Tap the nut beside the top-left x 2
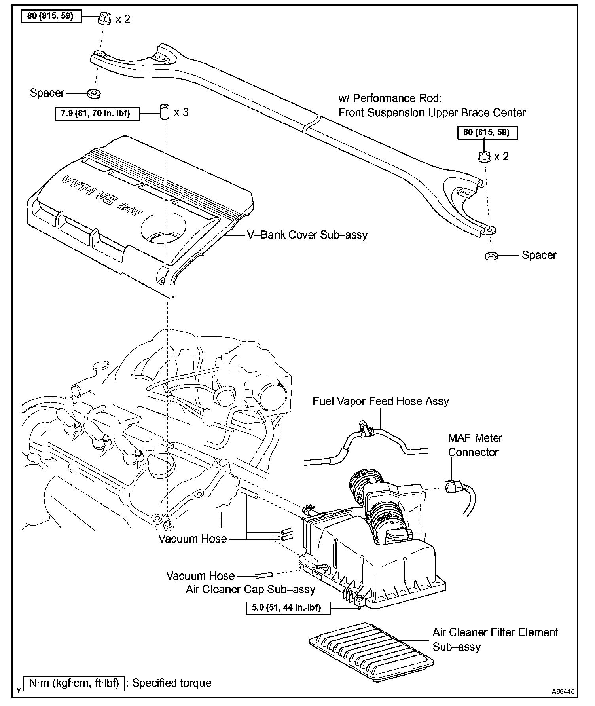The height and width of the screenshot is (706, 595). pyautogui.click(x=104, y=18)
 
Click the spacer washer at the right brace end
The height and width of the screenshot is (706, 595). pyautogui.click(x=491, y=256)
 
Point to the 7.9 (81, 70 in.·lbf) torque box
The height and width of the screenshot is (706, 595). pyautogui.click(x=98, y=114)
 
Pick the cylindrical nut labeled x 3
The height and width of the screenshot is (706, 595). pyautogui.click(x=164, y=111)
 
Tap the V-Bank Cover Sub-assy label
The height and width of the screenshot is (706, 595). pyautogui.click(x=307, y=235)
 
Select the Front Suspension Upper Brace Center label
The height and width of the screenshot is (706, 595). pyautogui.click(x=432, y=112)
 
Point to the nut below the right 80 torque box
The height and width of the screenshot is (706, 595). pyautogui.click(x=484, y=157)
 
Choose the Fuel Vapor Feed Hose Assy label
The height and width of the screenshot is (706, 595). pyautogui.click(x=381, y=401)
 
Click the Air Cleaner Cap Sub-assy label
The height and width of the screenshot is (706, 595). pyautogui.click(x=250, y=590)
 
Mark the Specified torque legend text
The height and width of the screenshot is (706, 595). pyautogui.click(x=172, y=683)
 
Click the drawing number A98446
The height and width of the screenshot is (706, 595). pyautogui.click(x=563, y=691)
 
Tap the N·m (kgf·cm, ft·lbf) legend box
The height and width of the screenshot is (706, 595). pyautogui.click(x=74, y=683)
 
